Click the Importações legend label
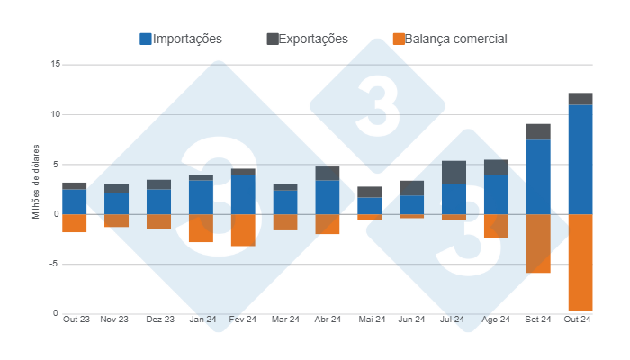click(x=187, y=39)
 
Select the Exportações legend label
click(x=313, y=39)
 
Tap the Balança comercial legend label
click(x=456, y=39)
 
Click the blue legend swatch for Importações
click(x=146, y=39)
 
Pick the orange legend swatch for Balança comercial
click(x=399, y=39)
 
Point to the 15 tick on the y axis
click(x=55, y=65)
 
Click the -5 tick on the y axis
click(x=53, y=264)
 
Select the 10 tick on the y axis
click(x=55, y=114)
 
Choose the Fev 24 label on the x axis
click(x=243, y=319)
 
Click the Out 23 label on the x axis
click(x=76, y=319)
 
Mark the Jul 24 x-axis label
click(x=453, y=319)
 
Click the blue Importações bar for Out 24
click(x=580, y=159)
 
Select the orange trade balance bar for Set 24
click(x=538, y=243)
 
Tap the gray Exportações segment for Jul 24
click(x=454, y=173)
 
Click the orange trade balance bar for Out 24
click(x=580, y=262)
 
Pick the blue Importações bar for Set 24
click(x=538, y=176)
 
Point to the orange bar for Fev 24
click(x=243, y=229)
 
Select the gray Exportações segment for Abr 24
click(x=328, y=173)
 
